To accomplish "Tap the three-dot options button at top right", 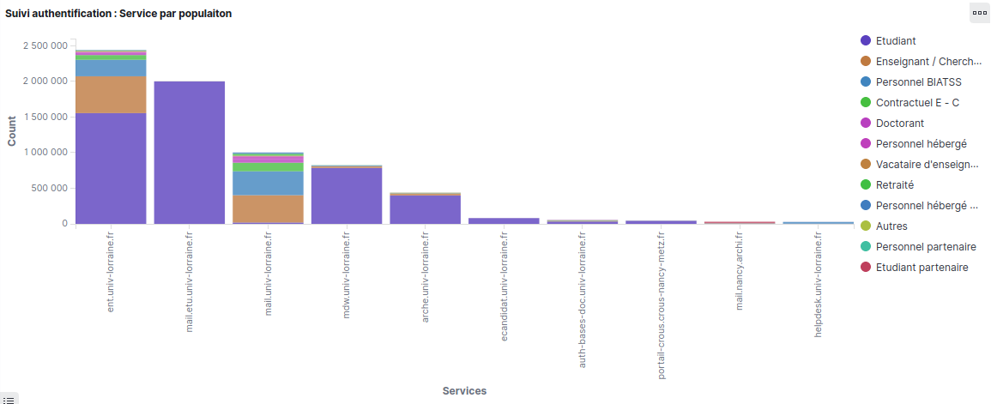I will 978,13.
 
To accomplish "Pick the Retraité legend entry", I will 895,185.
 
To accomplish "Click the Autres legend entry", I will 891,226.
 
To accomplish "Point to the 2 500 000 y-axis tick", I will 46,45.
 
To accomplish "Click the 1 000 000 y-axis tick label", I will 46,153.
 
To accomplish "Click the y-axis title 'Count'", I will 12,132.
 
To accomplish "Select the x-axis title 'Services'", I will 464,391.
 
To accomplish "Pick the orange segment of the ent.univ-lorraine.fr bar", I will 111,95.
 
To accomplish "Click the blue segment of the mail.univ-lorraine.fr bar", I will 268,183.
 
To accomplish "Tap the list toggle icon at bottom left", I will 9,399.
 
